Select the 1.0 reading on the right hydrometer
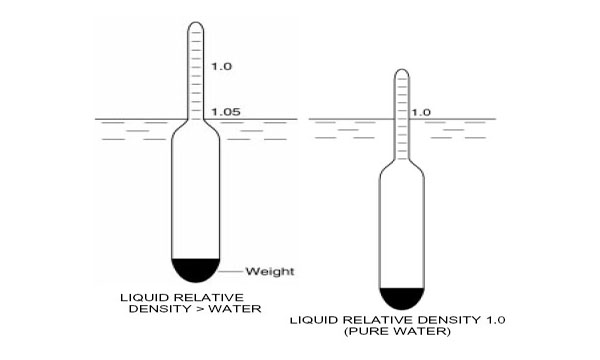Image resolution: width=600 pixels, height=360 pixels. point(421,113)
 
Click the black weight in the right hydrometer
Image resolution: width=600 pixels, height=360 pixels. point(401,298)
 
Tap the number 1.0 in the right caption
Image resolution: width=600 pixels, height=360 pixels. point(499,320)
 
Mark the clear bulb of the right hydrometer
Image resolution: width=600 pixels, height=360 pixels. point(401,230)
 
